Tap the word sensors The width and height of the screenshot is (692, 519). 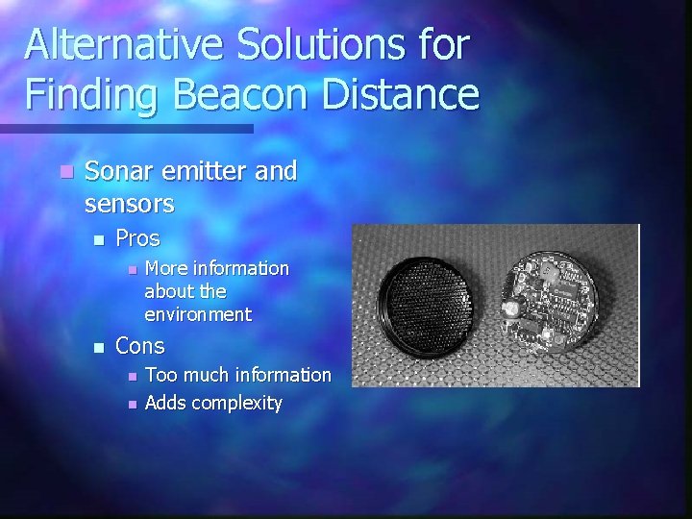129,205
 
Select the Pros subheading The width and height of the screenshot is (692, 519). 137,237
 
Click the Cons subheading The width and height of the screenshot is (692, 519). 140,345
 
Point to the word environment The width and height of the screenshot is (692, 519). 198,314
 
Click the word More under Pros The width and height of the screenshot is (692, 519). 165,268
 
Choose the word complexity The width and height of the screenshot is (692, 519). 236,404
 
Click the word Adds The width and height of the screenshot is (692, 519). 165,403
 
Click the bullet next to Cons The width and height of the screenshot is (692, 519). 96,346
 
